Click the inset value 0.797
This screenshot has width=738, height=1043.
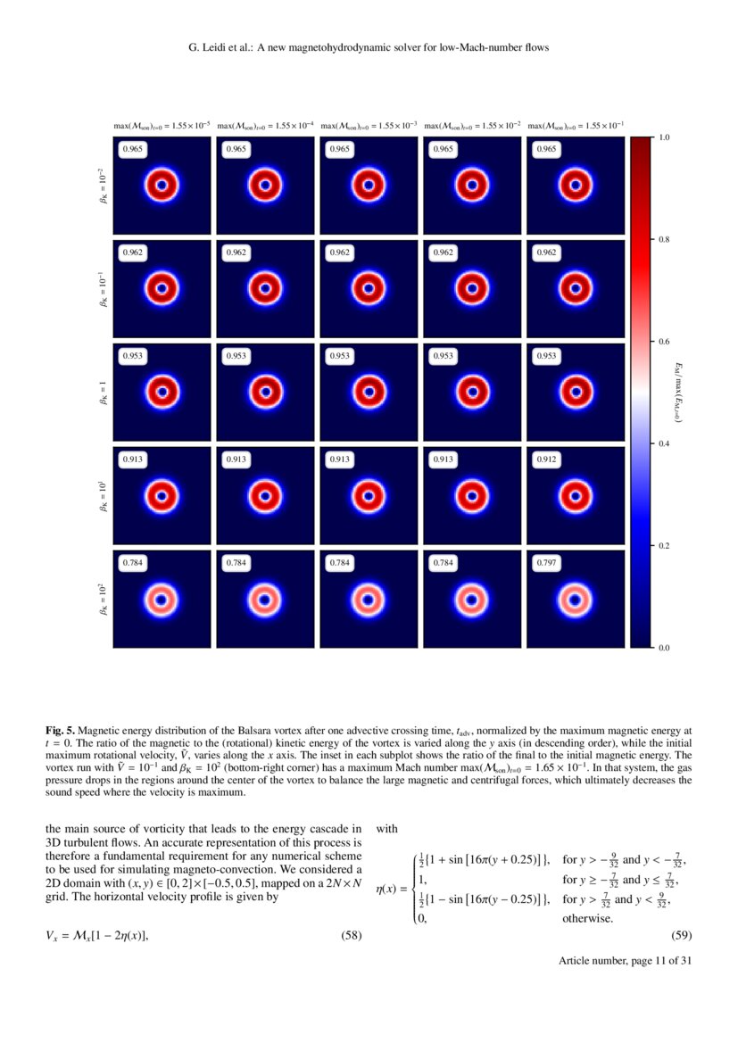pyautogui.click(x=546, y=563)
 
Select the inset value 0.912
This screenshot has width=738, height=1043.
pyautogui.click(x=546, y=459)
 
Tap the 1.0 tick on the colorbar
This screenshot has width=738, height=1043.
pyautogui.click(x=664, y=138)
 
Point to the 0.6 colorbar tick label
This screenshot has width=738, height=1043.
pyautogui.click(x=664, y=342)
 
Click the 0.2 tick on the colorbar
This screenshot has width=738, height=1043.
pyautogui.click(x=664, y=546)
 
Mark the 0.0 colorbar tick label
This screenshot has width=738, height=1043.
pyautogui.click(x=664, y=648)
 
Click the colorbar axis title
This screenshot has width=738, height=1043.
pyautogui.click(x=678, y=392)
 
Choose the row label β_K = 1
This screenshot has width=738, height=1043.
pyautogui.click(x=104, y=393)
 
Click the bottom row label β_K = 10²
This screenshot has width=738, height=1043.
pyautogui.click(x=104, y=600)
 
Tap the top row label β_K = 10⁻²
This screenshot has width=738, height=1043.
pyautogui.click(x=104, y=187)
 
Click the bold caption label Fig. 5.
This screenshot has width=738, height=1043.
pyautogui.click(x=60, y=730)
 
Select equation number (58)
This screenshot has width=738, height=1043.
pyautogui.click(x=352, y=935)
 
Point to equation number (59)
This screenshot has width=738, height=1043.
pyautogui.click(x=681, y=935)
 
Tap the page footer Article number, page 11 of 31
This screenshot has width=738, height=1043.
pyautogui.click(x=626, y=960)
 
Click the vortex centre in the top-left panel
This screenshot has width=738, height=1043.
pyautogui.click(x=162, y=186)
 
